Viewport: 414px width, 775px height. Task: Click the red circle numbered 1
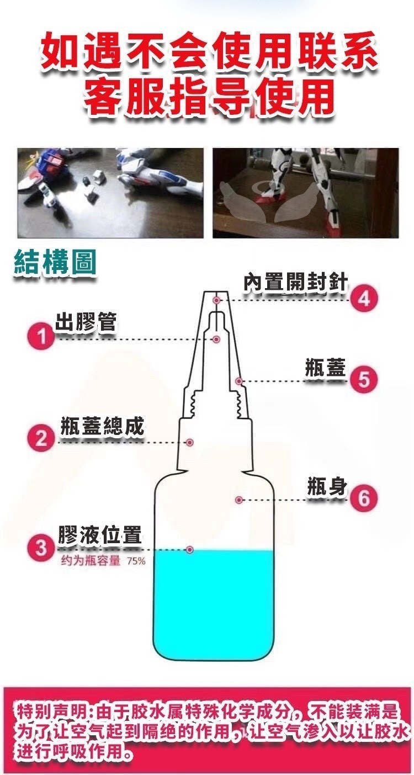coord(41,336)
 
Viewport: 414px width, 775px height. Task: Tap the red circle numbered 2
coord(41,438)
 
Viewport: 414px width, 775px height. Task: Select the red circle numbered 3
coord(41,548)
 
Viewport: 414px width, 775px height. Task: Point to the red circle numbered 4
coord(364,299)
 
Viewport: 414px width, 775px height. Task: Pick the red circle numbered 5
coord(364,380)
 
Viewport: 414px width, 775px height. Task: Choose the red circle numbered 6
coord(364,498)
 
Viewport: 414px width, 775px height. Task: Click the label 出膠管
coord(86,322)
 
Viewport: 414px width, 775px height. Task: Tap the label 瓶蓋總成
coord(102,425)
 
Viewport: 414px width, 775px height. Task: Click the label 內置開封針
coord(295,282)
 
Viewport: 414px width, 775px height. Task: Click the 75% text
coord(136,561)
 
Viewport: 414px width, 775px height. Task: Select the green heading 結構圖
coord(55,263)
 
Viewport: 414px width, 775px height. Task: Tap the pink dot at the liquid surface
coord(189,549)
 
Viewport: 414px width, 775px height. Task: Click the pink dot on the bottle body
coord(238,500)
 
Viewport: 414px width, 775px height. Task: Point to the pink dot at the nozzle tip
coord(216,300)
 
